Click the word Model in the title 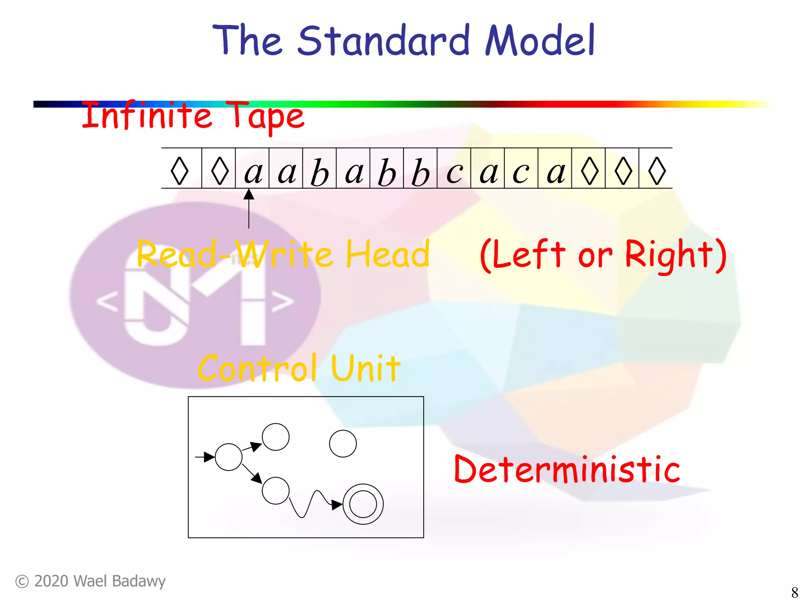click(540, 40)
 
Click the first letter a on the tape click(253, 172)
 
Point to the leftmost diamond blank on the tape click(180, 171)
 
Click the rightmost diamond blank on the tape click(657, 171)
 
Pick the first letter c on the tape click(454, 173)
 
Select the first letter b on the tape click(320, 172)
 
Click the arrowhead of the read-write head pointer click(249, 194)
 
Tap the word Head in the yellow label click(387, 254)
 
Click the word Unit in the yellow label click(366, 368)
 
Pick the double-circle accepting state click(363, 504)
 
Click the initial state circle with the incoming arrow click(229, 457)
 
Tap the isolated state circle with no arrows click(343, 444)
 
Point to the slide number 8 click(794, 592)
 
